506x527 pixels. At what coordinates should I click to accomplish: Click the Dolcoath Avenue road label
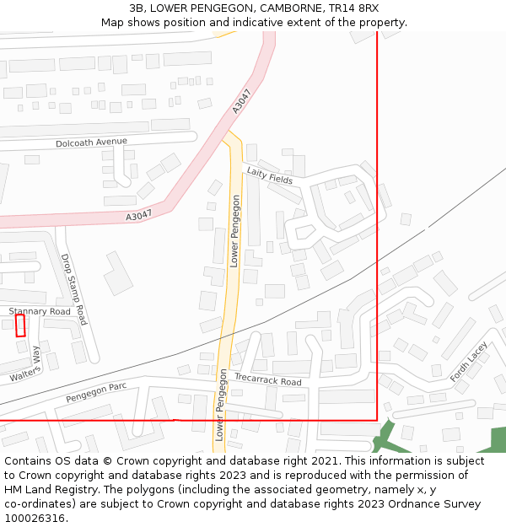tap(91, 143)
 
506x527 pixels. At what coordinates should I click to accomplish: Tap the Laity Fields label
tap(269, 176)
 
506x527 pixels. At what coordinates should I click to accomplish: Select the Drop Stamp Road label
tap(74, 289)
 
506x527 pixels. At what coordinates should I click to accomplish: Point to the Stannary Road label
tap(40, 312)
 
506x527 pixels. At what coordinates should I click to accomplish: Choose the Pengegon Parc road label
tap(96, 392)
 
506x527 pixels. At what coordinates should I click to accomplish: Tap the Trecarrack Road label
tap(267, 381)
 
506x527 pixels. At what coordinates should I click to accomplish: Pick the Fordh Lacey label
tap(468, 362)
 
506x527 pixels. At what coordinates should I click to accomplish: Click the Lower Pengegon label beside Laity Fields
tap(235, 231)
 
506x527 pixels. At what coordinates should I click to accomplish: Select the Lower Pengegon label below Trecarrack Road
tap(220, 405)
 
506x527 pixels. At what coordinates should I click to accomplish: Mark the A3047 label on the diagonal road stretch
tap(242, 101)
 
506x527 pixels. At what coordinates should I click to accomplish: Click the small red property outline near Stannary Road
tap(20, 325)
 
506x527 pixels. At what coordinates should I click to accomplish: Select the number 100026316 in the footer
tap(35, 518)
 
